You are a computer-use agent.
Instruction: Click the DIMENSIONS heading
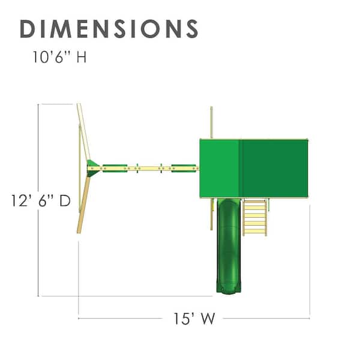tap(109, 29)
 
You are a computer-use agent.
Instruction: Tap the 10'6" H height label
tap(59, 57)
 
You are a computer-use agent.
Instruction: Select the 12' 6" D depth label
tap(41, 200)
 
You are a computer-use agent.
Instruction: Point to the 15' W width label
tap(194, 319)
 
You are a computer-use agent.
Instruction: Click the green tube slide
tap(229, 245)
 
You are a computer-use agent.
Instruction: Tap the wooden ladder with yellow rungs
tap(255, 217)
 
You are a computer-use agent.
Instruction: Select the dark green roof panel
tap(274, 168)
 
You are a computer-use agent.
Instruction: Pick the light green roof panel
tap(220, 168)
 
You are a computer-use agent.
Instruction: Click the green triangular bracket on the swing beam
tap(92, 168)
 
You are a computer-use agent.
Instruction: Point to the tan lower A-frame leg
tap(83, 205)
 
